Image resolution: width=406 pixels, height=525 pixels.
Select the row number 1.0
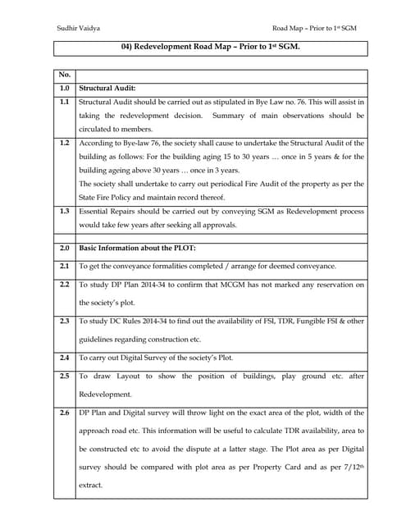pos(65,86)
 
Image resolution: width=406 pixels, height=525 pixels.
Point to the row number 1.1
pos(65,101)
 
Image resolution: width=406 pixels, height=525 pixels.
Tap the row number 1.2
pos(65,142)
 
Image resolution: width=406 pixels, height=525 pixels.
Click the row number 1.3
pos(65,210)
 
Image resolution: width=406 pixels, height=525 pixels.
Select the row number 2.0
pos(65,247)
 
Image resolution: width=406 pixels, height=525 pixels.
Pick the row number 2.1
pos(65,266)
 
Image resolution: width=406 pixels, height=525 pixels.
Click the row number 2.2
pos(65,284)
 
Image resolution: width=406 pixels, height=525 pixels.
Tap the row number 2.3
pos(65,321)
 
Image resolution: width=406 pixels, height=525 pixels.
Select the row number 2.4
pos(65,358)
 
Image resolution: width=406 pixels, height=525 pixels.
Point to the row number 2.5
pos(65,376)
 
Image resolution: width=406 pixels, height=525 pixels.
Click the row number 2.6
pos(65,412)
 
